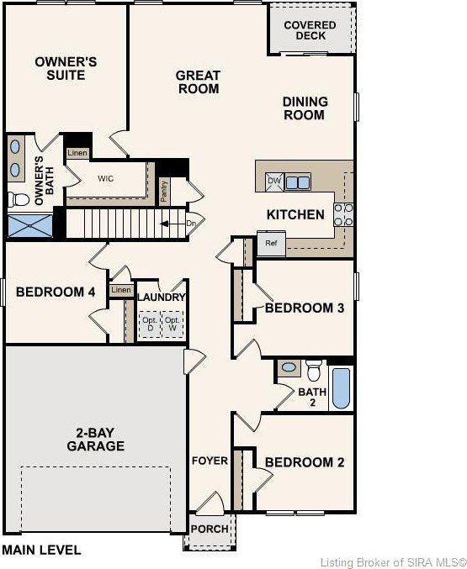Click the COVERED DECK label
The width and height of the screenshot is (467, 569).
tap(310, 30)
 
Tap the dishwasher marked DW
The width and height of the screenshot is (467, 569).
tap(274, 182)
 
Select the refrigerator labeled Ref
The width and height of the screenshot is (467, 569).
tap(271, 244)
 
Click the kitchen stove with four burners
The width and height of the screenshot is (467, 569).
tap(343, 215)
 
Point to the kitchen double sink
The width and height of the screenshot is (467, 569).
tap(298, 182)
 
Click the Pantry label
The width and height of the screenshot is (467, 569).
tap(164, 192)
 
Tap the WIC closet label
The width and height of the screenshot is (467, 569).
tap(105, 178)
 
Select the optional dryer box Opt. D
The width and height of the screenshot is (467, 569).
tap(150, 324)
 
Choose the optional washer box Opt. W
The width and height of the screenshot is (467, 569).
tap(172, 324)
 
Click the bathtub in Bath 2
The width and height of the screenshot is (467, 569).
tap(342, 388)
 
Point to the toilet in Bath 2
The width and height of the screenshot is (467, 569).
tap(313, 370)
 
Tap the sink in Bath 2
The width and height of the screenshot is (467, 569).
tap(289, 367)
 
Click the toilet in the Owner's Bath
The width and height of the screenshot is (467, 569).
tap(19, 199)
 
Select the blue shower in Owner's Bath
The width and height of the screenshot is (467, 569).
tap(30, 226)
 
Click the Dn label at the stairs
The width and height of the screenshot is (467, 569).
tap(191, 224)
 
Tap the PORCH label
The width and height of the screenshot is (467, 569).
tap(210, 529)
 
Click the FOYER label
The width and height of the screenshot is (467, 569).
tap(210, 461)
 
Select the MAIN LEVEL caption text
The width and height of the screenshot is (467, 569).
tap(42, 550)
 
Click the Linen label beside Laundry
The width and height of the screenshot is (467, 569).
tap(121, 290)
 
